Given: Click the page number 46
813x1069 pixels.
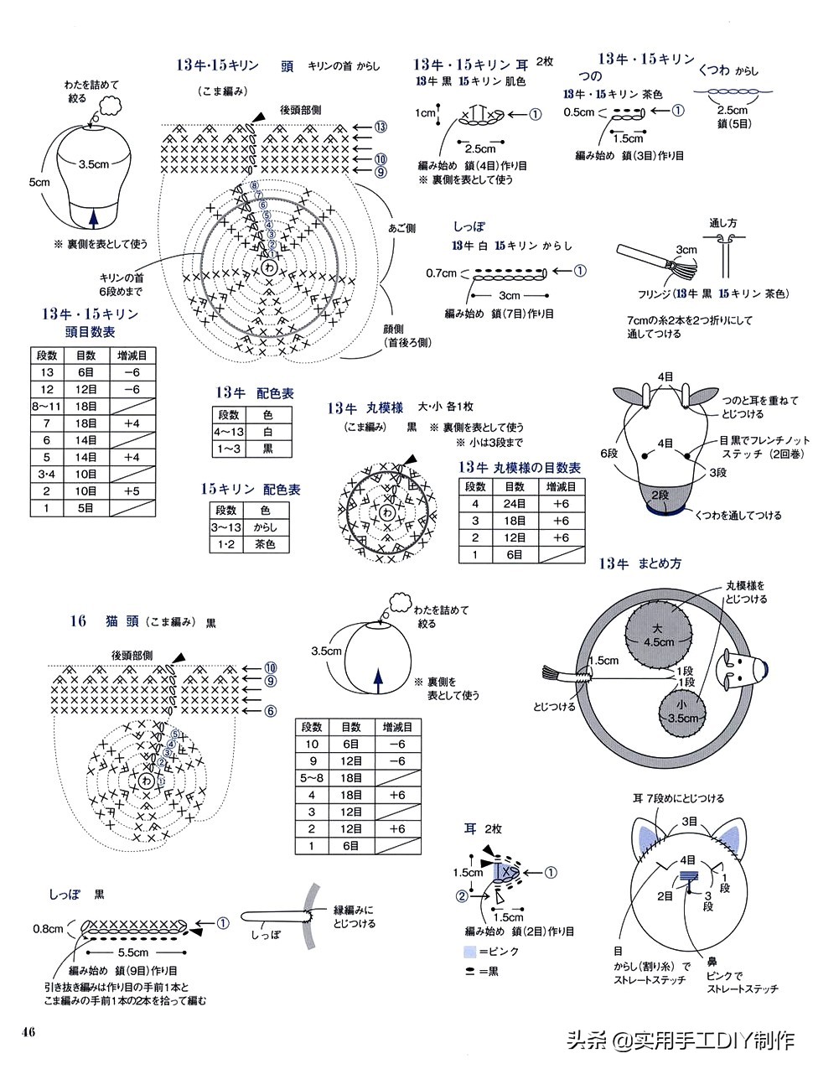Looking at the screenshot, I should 28,1030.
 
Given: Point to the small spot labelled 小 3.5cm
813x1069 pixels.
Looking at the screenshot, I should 683,711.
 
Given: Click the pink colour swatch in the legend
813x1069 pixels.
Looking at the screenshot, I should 470,952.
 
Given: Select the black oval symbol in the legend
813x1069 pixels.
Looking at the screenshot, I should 469,971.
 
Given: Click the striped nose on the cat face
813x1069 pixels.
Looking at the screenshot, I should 688,878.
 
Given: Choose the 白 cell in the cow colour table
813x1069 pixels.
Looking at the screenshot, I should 267,432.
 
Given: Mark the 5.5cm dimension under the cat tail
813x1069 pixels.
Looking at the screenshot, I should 133,952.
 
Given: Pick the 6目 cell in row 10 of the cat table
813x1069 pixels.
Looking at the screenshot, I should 350,744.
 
